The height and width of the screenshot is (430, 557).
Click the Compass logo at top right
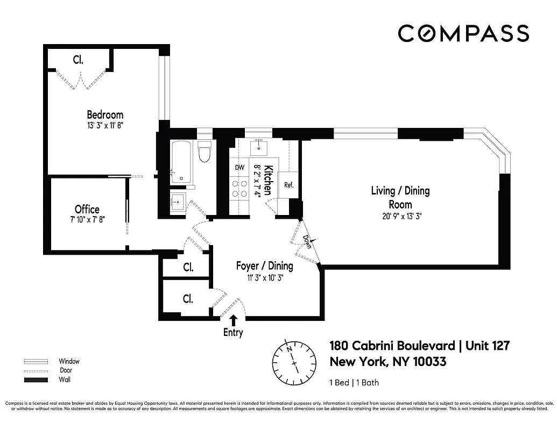[x=463, y=33]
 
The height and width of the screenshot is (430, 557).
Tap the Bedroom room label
[x=105, y=114]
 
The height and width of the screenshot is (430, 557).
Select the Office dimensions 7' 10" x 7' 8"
[x=87, y=220]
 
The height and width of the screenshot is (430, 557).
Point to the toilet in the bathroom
[x=205, y=152]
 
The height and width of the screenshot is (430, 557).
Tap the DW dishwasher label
[x=240, y=168]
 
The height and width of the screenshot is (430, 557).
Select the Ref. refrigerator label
[x=288, y=185]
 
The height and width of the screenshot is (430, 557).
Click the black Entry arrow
[x=234, y=320]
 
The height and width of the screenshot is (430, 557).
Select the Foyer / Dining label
[x=265, y=266]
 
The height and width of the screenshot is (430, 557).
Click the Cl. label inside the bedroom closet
[x=78, y=60]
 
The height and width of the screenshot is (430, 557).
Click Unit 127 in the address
[x=487, y=345]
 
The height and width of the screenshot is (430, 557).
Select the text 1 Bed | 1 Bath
[x=354, y=383]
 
